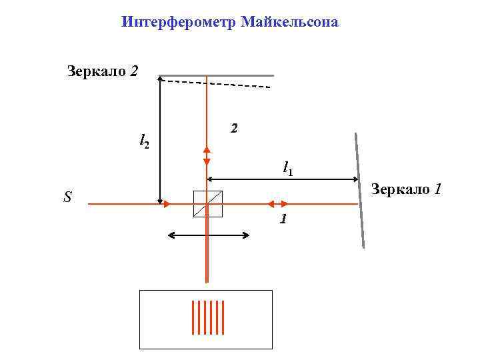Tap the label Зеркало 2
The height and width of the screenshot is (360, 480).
(x=103, y=71)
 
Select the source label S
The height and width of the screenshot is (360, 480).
(x=68, y=197)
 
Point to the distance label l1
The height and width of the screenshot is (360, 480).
(x=288, y=169)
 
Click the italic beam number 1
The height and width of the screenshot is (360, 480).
(x=283, y=219)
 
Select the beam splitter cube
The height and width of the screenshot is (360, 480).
(x=207, y=204)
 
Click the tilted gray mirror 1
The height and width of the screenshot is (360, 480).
(x=360, y=190)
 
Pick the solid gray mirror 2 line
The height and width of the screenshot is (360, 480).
(x=216, y=75)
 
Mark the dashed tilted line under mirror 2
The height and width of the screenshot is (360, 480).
(x=217, y=83)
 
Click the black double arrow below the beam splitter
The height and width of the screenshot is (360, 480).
(x=209, y=235)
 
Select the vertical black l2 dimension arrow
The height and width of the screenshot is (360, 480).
(x=160, y=140)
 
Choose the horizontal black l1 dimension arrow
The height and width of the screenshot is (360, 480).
(x=281, y=179)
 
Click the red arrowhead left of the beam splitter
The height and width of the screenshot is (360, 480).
(x=167, y=203)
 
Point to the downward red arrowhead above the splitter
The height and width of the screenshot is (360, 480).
(x=207, y=160)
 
